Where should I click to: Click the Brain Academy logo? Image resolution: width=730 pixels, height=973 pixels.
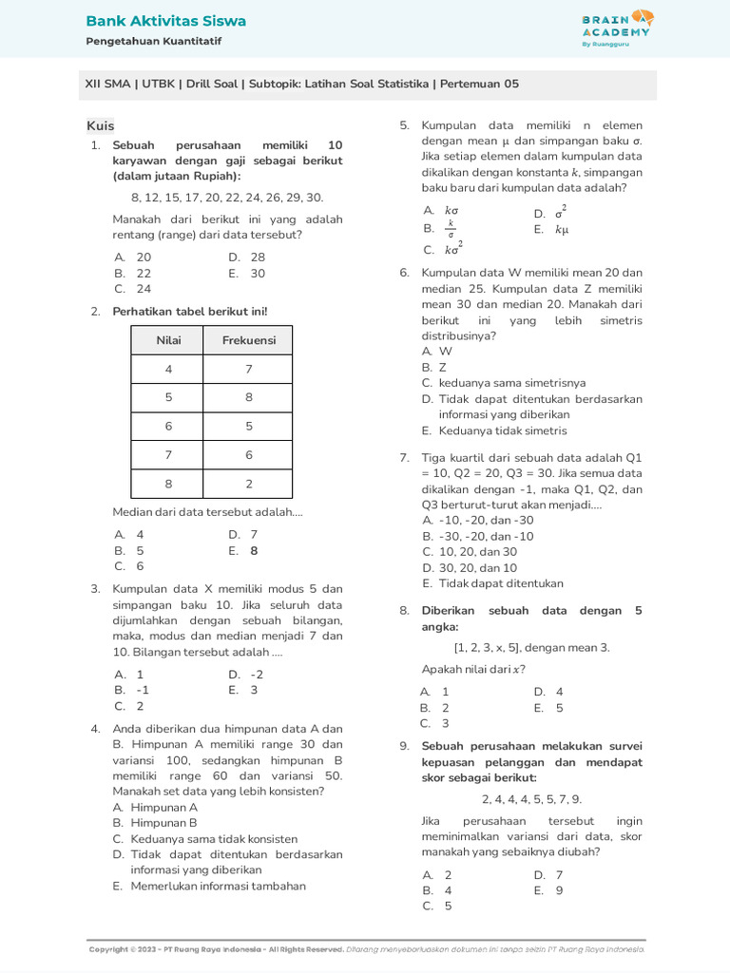tap(617, 28)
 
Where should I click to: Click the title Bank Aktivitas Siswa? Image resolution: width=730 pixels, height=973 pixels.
tap(165, 21)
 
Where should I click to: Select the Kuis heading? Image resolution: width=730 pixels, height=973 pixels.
tap(100, 125)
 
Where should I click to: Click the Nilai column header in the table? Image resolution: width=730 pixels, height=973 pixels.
tap(167, 340)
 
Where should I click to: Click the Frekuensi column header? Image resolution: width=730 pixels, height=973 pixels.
tap(248, 340)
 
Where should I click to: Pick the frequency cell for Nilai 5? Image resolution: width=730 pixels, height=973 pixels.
tap(248, 397)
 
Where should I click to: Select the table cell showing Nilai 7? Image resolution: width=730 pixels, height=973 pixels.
tap(167, 455)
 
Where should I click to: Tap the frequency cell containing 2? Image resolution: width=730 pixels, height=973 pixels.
tap(248, 484)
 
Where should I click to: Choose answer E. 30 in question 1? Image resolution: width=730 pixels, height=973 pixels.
tap(247, 273)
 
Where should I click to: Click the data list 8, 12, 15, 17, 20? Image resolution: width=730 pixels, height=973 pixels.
tap(226, 198)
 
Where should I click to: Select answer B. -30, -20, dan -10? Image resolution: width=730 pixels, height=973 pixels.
tap(478, 536)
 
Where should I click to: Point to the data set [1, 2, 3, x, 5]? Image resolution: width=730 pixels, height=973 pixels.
tap(531, 648)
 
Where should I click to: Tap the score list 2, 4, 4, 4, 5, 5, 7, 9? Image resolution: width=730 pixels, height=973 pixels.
tap(531, 799)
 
